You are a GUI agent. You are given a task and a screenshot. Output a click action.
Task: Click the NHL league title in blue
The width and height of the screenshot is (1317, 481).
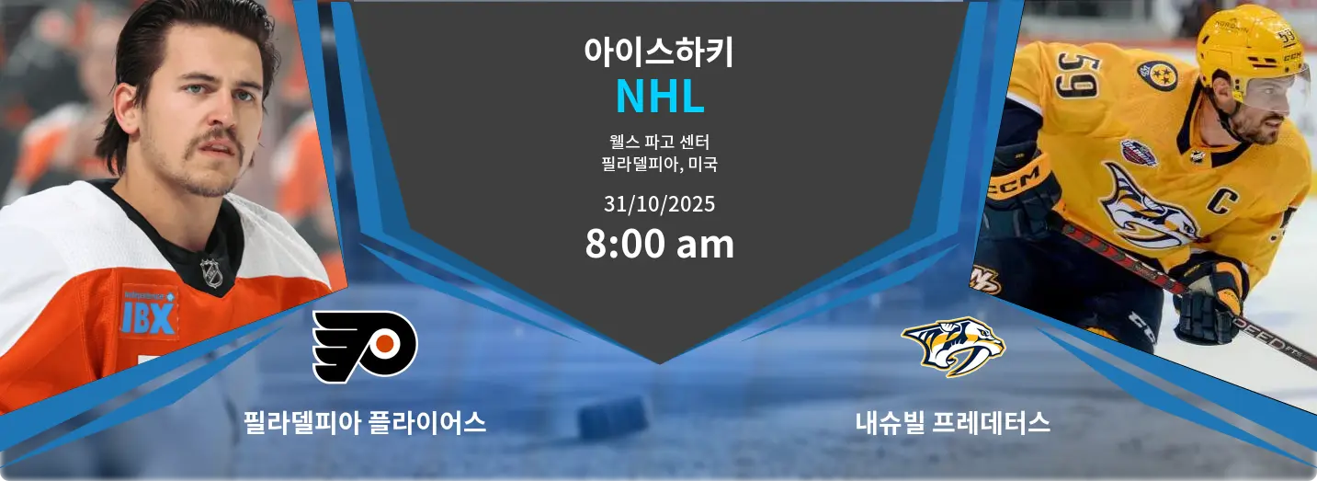[x=660, y=96]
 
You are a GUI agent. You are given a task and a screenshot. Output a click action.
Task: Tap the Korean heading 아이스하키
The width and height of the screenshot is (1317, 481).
[x=659, y=52]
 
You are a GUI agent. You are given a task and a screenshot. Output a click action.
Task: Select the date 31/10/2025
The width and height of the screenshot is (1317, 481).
[x=659, y=204]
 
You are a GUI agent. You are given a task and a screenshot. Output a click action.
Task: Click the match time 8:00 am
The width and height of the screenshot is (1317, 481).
[x=659, y=244]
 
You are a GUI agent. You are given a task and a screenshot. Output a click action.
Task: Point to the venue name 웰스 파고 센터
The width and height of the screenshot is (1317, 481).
[x=659, y=142]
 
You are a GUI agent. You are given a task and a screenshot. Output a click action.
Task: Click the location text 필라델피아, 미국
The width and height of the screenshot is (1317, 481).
[x=659, y=164]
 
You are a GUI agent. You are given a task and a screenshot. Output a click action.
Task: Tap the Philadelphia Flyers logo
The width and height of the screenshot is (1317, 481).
[x=365, y=347]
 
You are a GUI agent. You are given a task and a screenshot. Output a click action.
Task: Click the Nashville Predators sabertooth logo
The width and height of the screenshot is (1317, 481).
[x=953, y=347]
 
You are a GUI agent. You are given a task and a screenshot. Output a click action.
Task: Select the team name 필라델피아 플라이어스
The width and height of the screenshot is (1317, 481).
[x=365, y=422]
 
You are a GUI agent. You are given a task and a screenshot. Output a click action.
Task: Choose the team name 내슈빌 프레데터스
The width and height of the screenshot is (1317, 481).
[x=952, y=422]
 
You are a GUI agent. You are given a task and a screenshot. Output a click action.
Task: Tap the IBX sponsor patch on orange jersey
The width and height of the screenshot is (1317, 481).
[x=149, y=313]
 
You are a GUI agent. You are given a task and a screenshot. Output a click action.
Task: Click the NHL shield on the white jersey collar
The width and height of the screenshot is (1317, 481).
[x=211, y=272]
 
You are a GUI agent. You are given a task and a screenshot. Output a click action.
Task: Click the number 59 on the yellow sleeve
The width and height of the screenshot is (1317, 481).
[x=1077, y=75]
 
